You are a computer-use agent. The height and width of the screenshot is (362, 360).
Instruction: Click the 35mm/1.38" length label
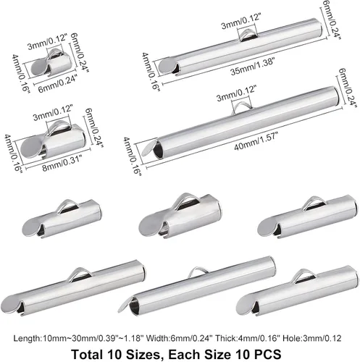253,66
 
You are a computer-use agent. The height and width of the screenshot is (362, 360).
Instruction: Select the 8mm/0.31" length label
62,163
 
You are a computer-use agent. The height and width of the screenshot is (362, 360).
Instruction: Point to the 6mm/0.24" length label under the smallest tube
58,83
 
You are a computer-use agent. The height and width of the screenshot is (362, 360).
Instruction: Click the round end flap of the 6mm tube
39,67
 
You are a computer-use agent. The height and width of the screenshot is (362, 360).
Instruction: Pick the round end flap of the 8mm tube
31,146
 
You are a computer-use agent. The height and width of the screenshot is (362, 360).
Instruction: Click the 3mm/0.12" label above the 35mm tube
241,21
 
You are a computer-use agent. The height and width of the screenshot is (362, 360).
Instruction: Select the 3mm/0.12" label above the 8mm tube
53,112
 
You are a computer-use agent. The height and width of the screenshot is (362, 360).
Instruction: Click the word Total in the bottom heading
86,354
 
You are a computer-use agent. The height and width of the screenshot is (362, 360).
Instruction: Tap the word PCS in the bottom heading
268,354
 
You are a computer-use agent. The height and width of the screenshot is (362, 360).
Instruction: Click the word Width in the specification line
154,338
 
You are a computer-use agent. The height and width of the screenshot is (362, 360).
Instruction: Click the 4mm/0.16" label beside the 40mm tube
132,156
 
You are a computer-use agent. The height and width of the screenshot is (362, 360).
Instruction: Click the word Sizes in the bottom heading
143,354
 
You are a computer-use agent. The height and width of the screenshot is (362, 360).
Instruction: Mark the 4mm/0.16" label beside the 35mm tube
151,72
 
